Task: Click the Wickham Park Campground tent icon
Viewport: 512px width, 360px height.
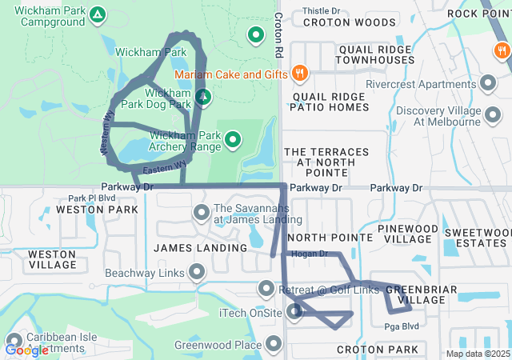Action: pyautogui.click(x=97, y=14)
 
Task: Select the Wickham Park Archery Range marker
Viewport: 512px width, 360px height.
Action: pyautogui.click(x=233, y=141)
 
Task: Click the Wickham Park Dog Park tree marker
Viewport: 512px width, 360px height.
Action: pyautogui.click(x=204, y=98)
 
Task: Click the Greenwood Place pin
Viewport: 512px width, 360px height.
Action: pyautogui.click(x=274, y=345)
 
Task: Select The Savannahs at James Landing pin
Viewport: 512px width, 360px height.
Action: pyautogui.click(x=202, y=212)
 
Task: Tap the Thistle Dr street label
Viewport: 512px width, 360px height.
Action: pyautogui.click(x=322, y=11)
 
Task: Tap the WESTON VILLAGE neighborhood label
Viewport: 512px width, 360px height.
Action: pyautogui.click(x=52, y=258)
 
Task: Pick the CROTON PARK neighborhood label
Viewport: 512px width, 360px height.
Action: pyautogui.click(x=377, y=350)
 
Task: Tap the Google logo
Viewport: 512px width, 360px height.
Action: pyautogui.click(x=26, y=350)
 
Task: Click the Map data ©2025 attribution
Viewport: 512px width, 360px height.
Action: pyautogui.click(x=477, y=354)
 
